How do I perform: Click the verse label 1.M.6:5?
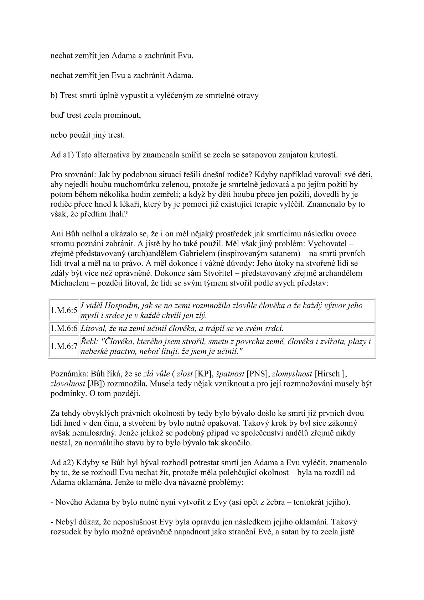64,311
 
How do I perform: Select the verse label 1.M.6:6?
64,328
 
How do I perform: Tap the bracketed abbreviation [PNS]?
258,374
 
